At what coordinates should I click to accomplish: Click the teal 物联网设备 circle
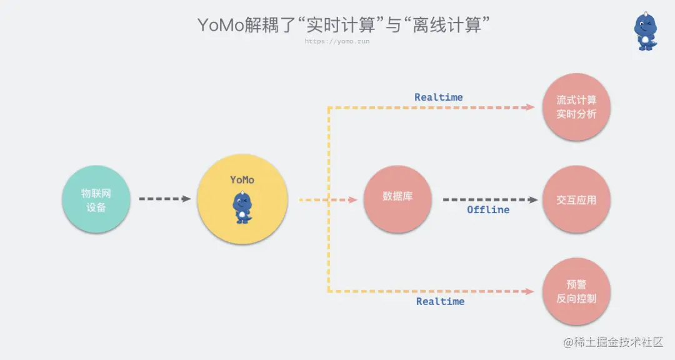coord(96,199)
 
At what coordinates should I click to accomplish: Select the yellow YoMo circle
coord(242,199)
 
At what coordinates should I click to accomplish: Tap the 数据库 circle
coord(398,199)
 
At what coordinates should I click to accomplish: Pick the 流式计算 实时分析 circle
coord(576,107)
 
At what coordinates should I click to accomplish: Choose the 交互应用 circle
coord(576,200)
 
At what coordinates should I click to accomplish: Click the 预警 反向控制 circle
coord(576,291)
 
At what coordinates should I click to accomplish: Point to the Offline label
coord(488,210)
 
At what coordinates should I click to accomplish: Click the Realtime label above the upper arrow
coord(439,97)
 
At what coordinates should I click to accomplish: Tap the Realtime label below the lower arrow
coord(440,301)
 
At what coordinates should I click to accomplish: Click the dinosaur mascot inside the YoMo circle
coord(242,207)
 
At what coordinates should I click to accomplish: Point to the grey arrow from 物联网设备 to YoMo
coord(164,199)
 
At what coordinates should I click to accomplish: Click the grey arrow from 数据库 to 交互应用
coord(490,199)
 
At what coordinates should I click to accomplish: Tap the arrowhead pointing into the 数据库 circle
coord(352,199)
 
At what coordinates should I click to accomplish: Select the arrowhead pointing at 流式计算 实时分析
coord(531,107)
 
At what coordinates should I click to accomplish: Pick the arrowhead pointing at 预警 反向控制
coord(531,291)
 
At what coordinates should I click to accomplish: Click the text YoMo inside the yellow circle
coord(242,180)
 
